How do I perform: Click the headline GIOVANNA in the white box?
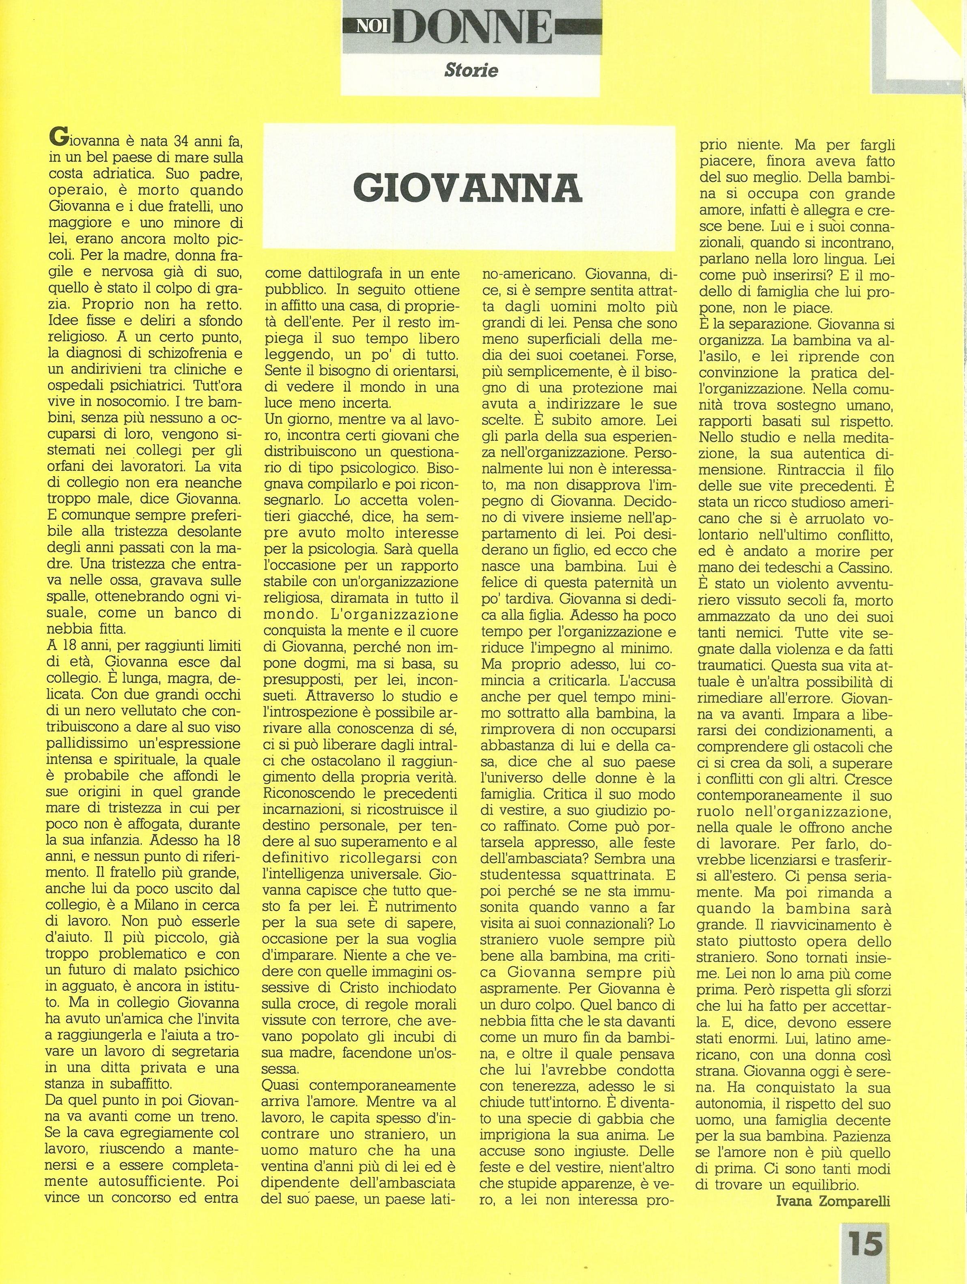467,187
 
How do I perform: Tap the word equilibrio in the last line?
814,1164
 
